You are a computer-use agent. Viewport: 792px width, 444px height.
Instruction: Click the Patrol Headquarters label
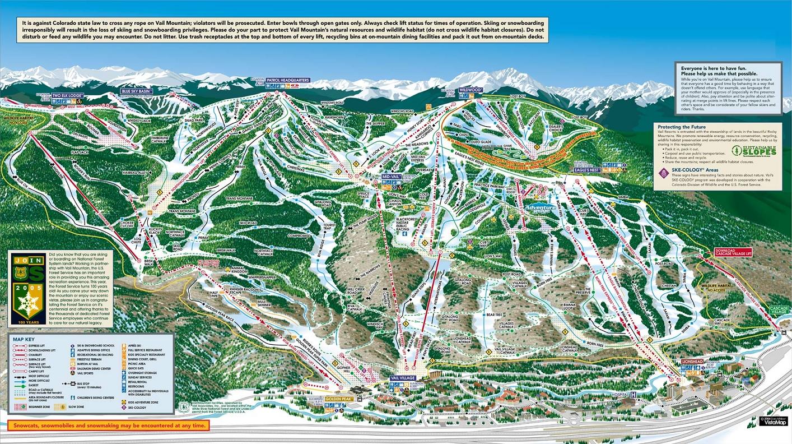click(x=288, y=80)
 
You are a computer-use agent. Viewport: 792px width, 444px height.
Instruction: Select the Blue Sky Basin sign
click(x=137, y=91)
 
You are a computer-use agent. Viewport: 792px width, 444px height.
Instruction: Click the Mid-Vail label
click(x=390, y=176)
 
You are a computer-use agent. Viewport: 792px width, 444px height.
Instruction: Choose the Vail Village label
click(x=402, y=378)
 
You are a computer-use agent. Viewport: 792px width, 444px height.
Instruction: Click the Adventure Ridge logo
click(x=541, y=208)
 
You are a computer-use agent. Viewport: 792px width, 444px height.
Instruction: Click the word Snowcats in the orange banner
click(x=28, y=425)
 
